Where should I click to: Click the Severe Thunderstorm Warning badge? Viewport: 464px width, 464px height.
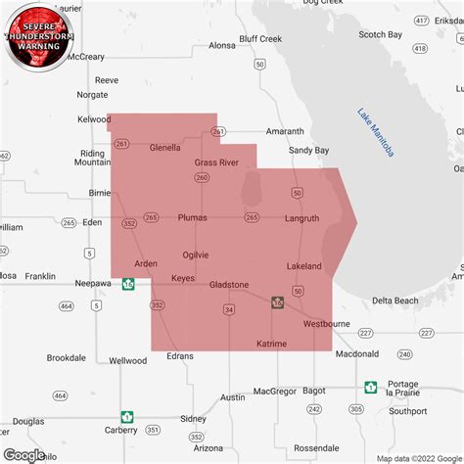[39, 37]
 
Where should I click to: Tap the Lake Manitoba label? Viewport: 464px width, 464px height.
[376, 132]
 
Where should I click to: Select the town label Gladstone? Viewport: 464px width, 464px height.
[228, 284]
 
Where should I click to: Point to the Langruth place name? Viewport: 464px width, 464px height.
[302, 218]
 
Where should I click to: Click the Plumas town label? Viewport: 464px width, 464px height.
[193, 218]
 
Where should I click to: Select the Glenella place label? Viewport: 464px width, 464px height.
[165, 148]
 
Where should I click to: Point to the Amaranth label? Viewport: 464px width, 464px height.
[285, 131]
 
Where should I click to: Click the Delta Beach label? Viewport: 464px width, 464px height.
[395, 300]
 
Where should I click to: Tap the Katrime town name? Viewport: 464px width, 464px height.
[271, 345]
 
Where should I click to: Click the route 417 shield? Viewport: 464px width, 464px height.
[419, 20]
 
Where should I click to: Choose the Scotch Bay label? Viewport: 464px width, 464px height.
[380, 34]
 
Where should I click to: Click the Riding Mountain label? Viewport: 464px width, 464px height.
[93, 159]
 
